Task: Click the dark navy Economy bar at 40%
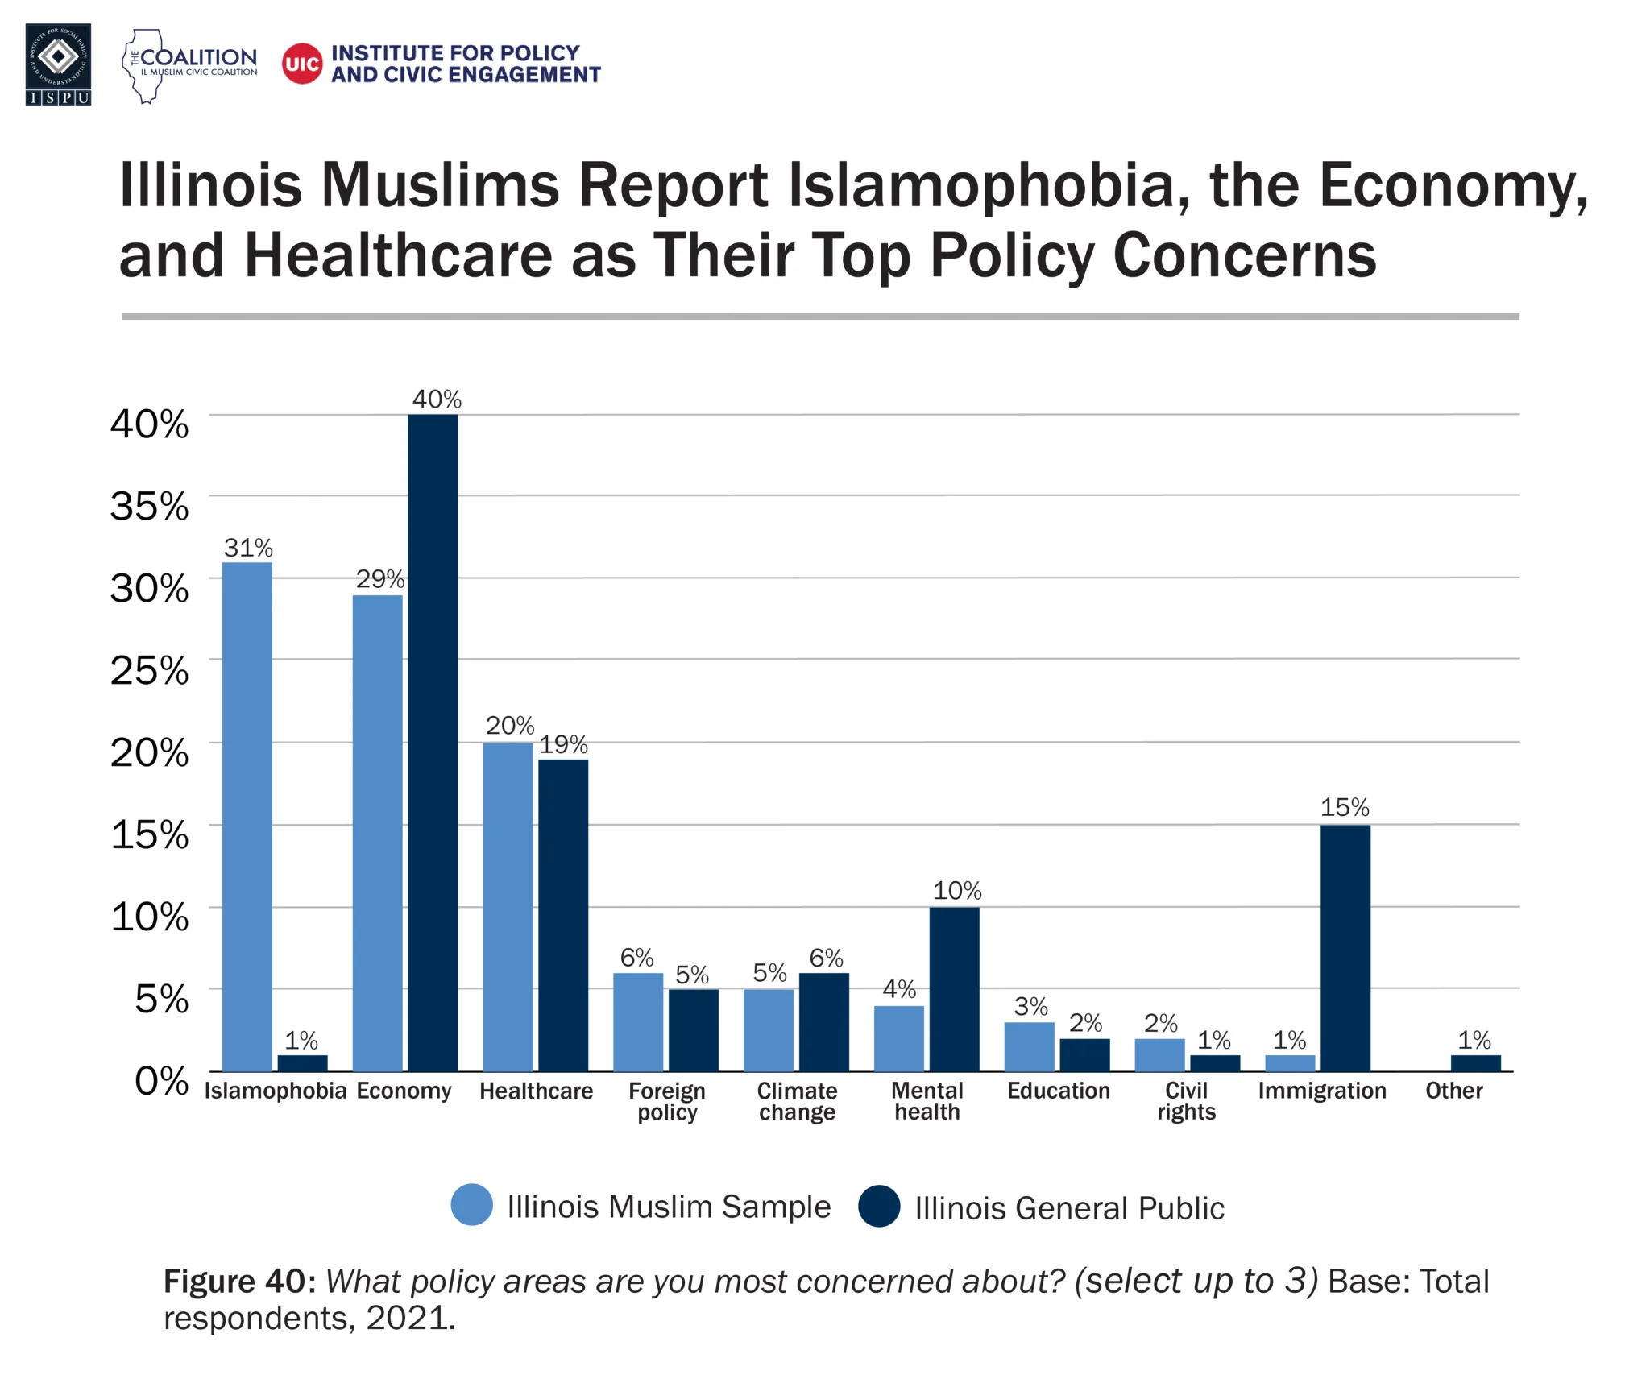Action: click(x=433, y=742)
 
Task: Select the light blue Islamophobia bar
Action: click(x=247, y=816)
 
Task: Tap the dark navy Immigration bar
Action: click(x=1345, y=947)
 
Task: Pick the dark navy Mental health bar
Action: click(x=954, y=988)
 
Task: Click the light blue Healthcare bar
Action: click(x=508, y=906)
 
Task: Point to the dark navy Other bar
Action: click(x=1475, y=1062)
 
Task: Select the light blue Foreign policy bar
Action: click(x=638, y=1021)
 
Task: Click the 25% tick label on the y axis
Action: click(x=150, y=670)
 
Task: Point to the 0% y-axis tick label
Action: click(x=161, y=1081)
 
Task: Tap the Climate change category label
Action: click(x=797, y=1101)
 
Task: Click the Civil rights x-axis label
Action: click(x=1186, y=1101)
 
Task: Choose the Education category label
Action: click(x=1058, y=1091)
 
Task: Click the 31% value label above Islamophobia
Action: click(x=248, y=549)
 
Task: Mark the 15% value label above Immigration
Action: click(x=1345, y=807)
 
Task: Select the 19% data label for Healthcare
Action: click(x=563, y=744)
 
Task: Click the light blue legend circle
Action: click(x=472, y=1205)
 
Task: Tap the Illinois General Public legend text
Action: click(x=1069, y=1208)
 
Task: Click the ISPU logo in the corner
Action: click(x=58, y=64)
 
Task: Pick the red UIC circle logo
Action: click(x=302, y=64)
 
